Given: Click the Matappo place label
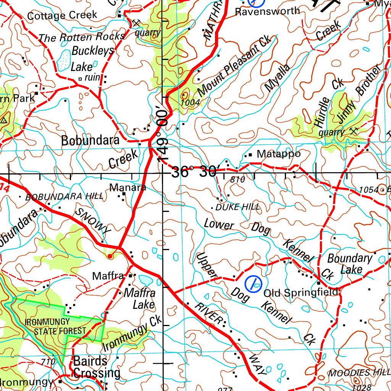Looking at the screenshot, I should pos(278,154).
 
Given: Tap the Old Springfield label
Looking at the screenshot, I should pos(301,293).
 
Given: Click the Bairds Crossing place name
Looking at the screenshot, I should pos(96,367).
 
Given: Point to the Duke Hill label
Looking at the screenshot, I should pos(238,207).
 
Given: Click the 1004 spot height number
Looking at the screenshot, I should pos(190,102).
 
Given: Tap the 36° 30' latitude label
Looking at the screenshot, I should pos(194,172).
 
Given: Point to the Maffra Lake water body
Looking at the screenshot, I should pos(145,281).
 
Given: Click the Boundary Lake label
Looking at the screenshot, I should pos(350,263).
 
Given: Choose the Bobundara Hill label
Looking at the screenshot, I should pos(64,197).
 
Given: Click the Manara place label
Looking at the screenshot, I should pos(128,187).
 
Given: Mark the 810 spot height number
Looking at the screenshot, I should pos(238,179).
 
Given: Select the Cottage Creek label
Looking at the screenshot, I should pos(62,16).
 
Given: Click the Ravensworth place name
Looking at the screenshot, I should pos(267,11).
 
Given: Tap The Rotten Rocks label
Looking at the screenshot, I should pos(82,37).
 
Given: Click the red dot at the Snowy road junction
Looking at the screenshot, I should pos(110,256).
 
